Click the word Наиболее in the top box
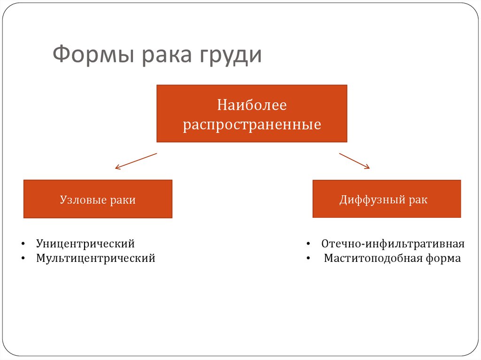click(251, 105)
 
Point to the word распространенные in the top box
click(252, 125)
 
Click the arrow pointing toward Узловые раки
click(136, 161)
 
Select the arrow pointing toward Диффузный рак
click(354, 161)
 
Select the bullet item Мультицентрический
click(95, 258)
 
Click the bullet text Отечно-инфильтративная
click(393, 244)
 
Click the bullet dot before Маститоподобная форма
click(308, 259)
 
